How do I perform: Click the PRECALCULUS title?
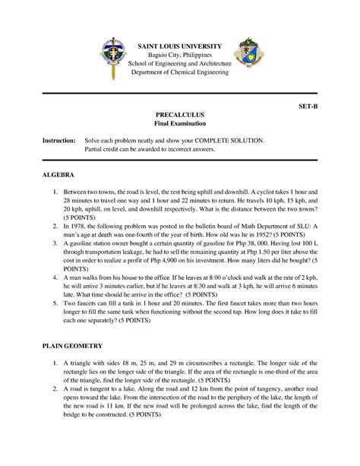(179, 113)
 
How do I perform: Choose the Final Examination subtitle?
(179, 123)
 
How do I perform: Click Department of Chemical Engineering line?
(179, 71)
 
